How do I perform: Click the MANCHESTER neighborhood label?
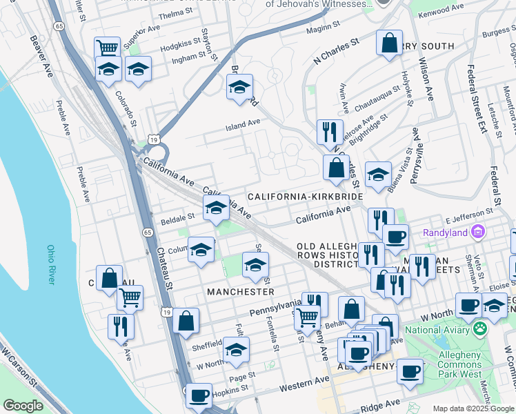(235, 292)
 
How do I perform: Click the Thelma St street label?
(175, 13)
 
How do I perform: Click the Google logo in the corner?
(23, 406)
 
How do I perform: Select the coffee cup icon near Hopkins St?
(199, 397)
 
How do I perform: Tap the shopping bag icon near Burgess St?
(389, 42)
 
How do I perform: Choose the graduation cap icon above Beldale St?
(215, 206)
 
